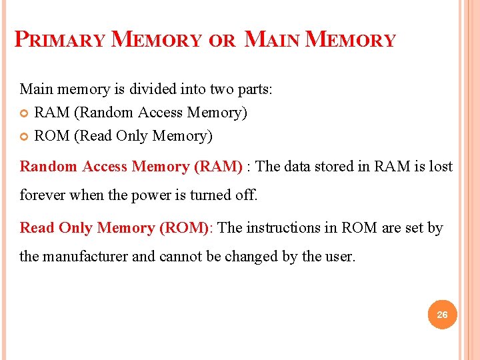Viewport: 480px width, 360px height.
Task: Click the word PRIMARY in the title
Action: pyautogui.click(x=60, y=40)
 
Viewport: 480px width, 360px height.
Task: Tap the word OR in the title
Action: pyautogui.click(x=222, y=41)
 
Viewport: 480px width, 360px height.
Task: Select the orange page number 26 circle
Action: pyautogui.click(x=442, y=314)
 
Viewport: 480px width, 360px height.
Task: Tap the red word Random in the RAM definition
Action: pyautogui.click(x=49, y=167)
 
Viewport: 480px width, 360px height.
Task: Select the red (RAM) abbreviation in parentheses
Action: pyautogui.click(x=218, y=167)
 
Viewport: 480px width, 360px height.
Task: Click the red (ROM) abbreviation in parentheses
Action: pyautogui.click(x=185, y=228)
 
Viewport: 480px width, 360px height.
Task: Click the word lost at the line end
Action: pyautogui.click(x=441, y=167)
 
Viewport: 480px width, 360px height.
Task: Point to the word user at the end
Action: pyautogui.click(x=341, y=257)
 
